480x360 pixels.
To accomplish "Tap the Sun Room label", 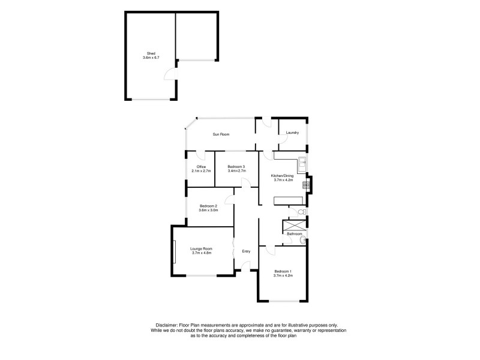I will tap(221, 134).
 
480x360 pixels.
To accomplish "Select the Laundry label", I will tap(292, 133).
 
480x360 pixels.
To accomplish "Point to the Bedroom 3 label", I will tap(236, 166).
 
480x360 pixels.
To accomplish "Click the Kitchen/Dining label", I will tap(282, 175).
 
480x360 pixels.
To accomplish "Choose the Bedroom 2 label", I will tap(208, 206).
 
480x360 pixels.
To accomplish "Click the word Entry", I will tap(246, 251).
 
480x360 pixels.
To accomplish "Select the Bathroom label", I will tap(294, 233).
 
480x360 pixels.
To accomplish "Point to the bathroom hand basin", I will tap(302, 241).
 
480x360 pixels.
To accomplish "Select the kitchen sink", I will tap(302, 161).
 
